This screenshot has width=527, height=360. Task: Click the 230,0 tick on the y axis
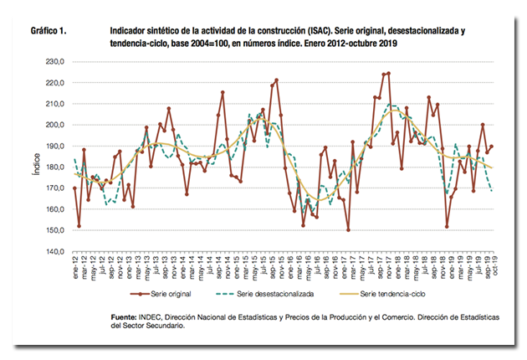pos(54,62)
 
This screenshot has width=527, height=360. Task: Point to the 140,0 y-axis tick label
pos(54,251)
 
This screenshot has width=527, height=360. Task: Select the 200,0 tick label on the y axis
pos(54,125)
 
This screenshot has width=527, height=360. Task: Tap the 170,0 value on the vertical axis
pos(54,188)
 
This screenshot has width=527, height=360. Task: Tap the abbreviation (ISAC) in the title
pos(323,29)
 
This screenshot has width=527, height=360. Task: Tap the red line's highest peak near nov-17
pos(388,73)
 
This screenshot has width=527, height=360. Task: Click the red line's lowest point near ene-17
pos(348,230)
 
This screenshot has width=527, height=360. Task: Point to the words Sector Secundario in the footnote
pos(160,327)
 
